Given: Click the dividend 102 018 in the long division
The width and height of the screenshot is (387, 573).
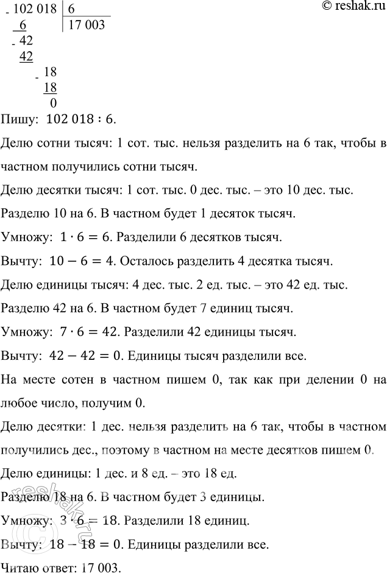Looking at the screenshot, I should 37,10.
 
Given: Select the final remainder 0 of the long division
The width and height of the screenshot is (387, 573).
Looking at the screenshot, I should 53,102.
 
